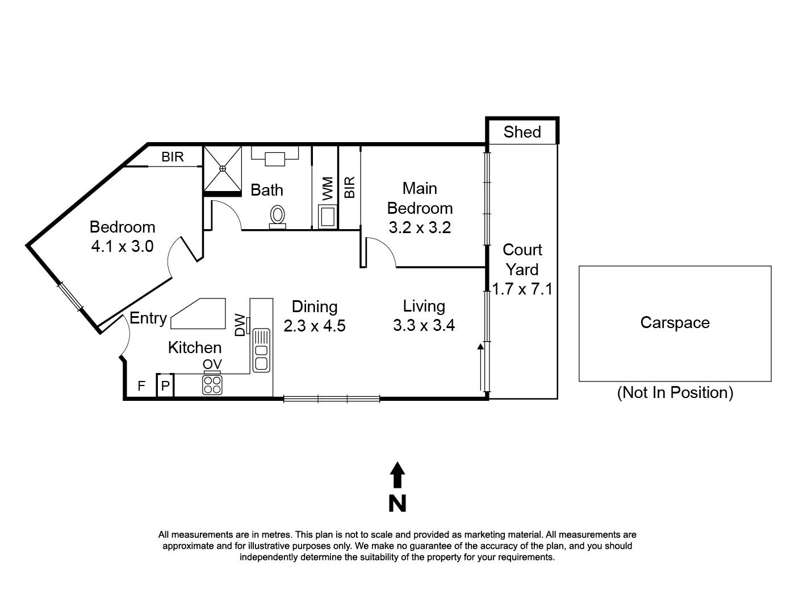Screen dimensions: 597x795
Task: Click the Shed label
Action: tap(522, 132)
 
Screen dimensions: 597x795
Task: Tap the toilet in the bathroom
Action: tap(278, 215)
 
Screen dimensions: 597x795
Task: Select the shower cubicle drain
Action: tap(223, 168)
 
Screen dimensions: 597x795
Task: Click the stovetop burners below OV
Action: tap(212, 385)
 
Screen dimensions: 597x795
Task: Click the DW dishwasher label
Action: tap(241, 325)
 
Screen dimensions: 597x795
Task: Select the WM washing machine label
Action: tap(328, 188)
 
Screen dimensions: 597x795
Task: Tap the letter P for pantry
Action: tap(165, 387)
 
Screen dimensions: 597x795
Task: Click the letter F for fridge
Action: tap(141, 387)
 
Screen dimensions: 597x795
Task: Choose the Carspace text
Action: tap(675, 322)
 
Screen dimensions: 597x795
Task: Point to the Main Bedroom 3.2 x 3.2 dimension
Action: tap(420, 228)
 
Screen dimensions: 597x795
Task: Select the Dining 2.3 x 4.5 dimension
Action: tap(315, 326)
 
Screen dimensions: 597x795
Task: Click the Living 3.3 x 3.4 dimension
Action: tap(424, 326)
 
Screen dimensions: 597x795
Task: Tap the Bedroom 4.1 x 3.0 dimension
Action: tap(122, 246)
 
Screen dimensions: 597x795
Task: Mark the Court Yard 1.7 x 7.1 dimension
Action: tap(522, 289)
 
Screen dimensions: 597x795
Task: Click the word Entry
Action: tap(148, 318)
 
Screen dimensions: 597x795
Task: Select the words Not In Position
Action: tap(675, 392)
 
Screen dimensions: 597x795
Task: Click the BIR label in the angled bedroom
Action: tap(173, 157)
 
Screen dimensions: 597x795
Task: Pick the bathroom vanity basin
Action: tap(275, 158)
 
